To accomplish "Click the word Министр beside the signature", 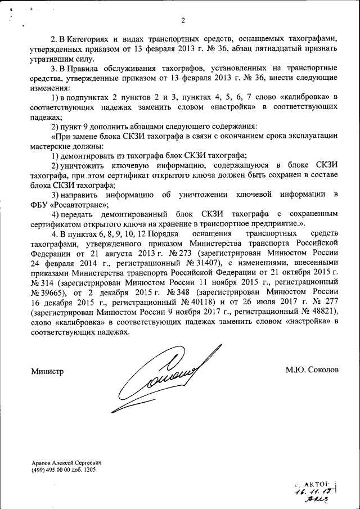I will point(47,371).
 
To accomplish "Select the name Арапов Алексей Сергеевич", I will point(70,463).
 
